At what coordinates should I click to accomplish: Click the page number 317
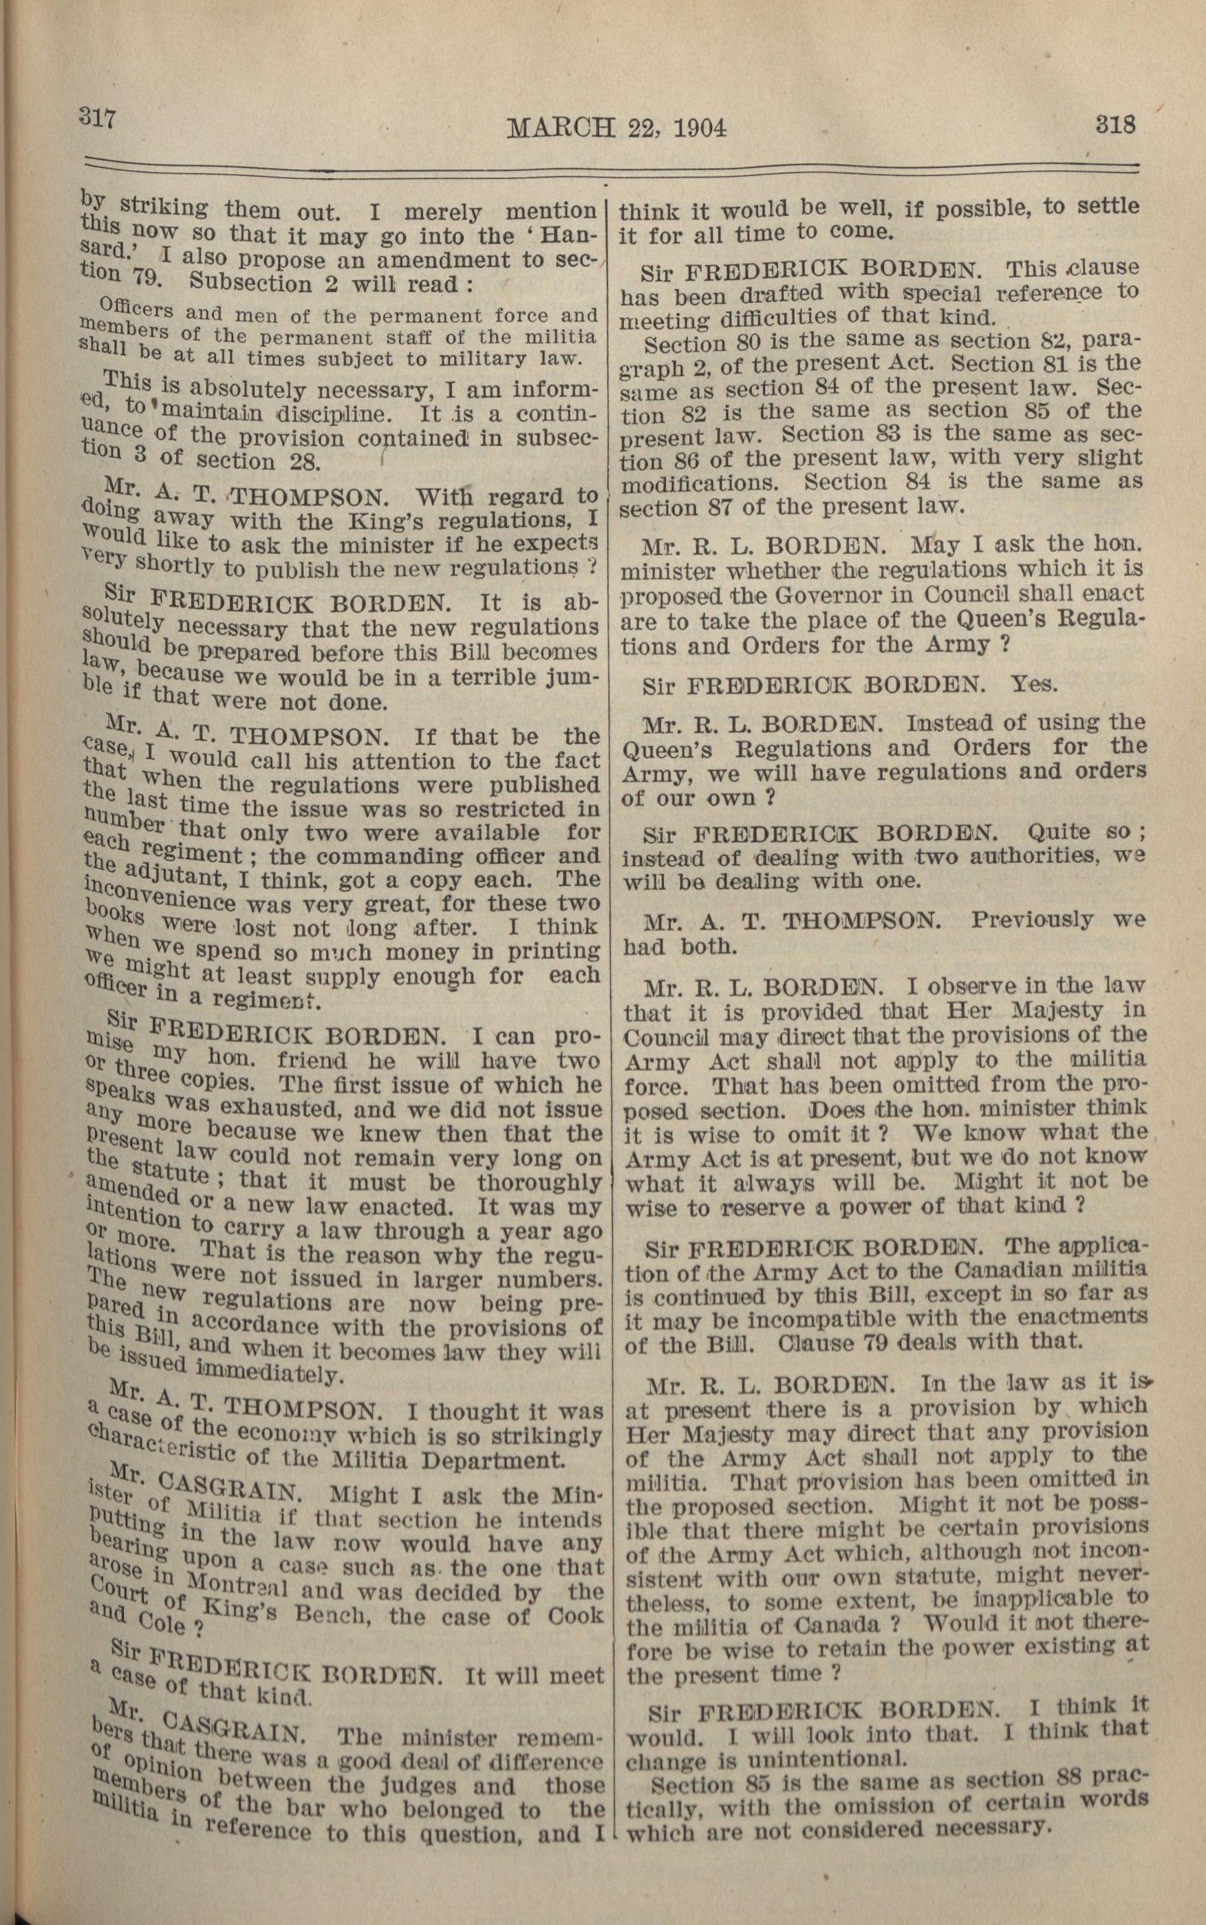pyautogui.click(x=97, y=118)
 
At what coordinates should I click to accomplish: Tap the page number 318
pyautogui.click(x=1115, y=125)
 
